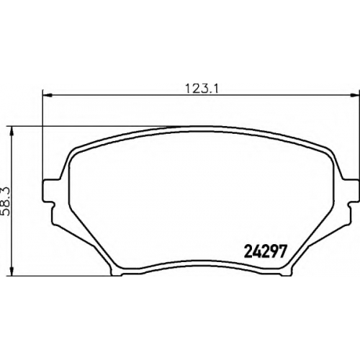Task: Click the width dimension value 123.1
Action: point(202,89)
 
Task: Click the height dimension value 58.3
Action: point(6,202)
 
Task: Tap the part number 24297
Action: point(265,251)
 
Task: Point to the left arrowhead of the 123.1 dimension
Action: point(48,96)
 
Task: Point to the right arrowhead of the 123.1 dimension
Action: point(354,96)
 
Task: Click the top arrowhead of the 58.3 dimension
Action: point(12,132)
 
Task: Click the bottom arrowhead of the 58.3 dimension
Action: point(12,271)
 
